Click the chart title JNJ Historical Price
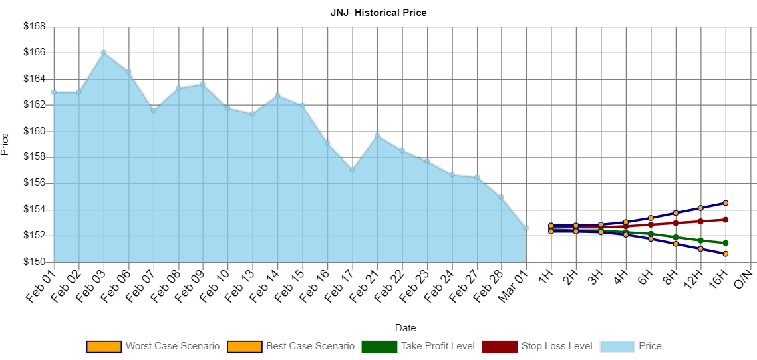pyautogui.click(x=378, y=13)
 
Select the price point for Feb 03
pyautogui.click(x=104, y=52)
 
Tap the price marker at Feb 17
pyautogui.click(x=352, y=169)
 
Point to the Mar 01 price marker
pyautogui.click(x=526, y=228)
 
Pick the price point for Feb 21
pyautogui.click(x=377, y=135)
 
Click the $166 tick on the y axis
pyautogui.click(x=34, y=52)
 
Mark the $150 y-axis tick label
pyautogui.click(x=34, y=262)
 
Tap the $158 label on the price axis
pyautogui.click(x=34, y=157)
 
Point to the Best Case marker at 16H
pyautogui.click(x=726, y=202)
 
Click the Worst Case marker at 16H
pyautogui.click(x=726, y=254)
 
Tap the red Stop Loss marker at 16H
pyautogui.click(x=726, y=219)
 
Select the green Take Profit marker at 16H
pyautogui.click(x=726, y=243)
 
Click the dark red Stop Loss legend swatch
pyautogui.click(x=499, y=347)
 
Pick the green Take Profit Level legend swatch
pyautogui.click(x=378, y=347)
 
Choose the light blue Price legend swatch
pyautogui.click(x=617, y=347)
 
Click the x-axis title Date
pyautogui.click(x=406, y=328)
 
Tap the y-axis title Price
pyautogui.click(x=5, y=144)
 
